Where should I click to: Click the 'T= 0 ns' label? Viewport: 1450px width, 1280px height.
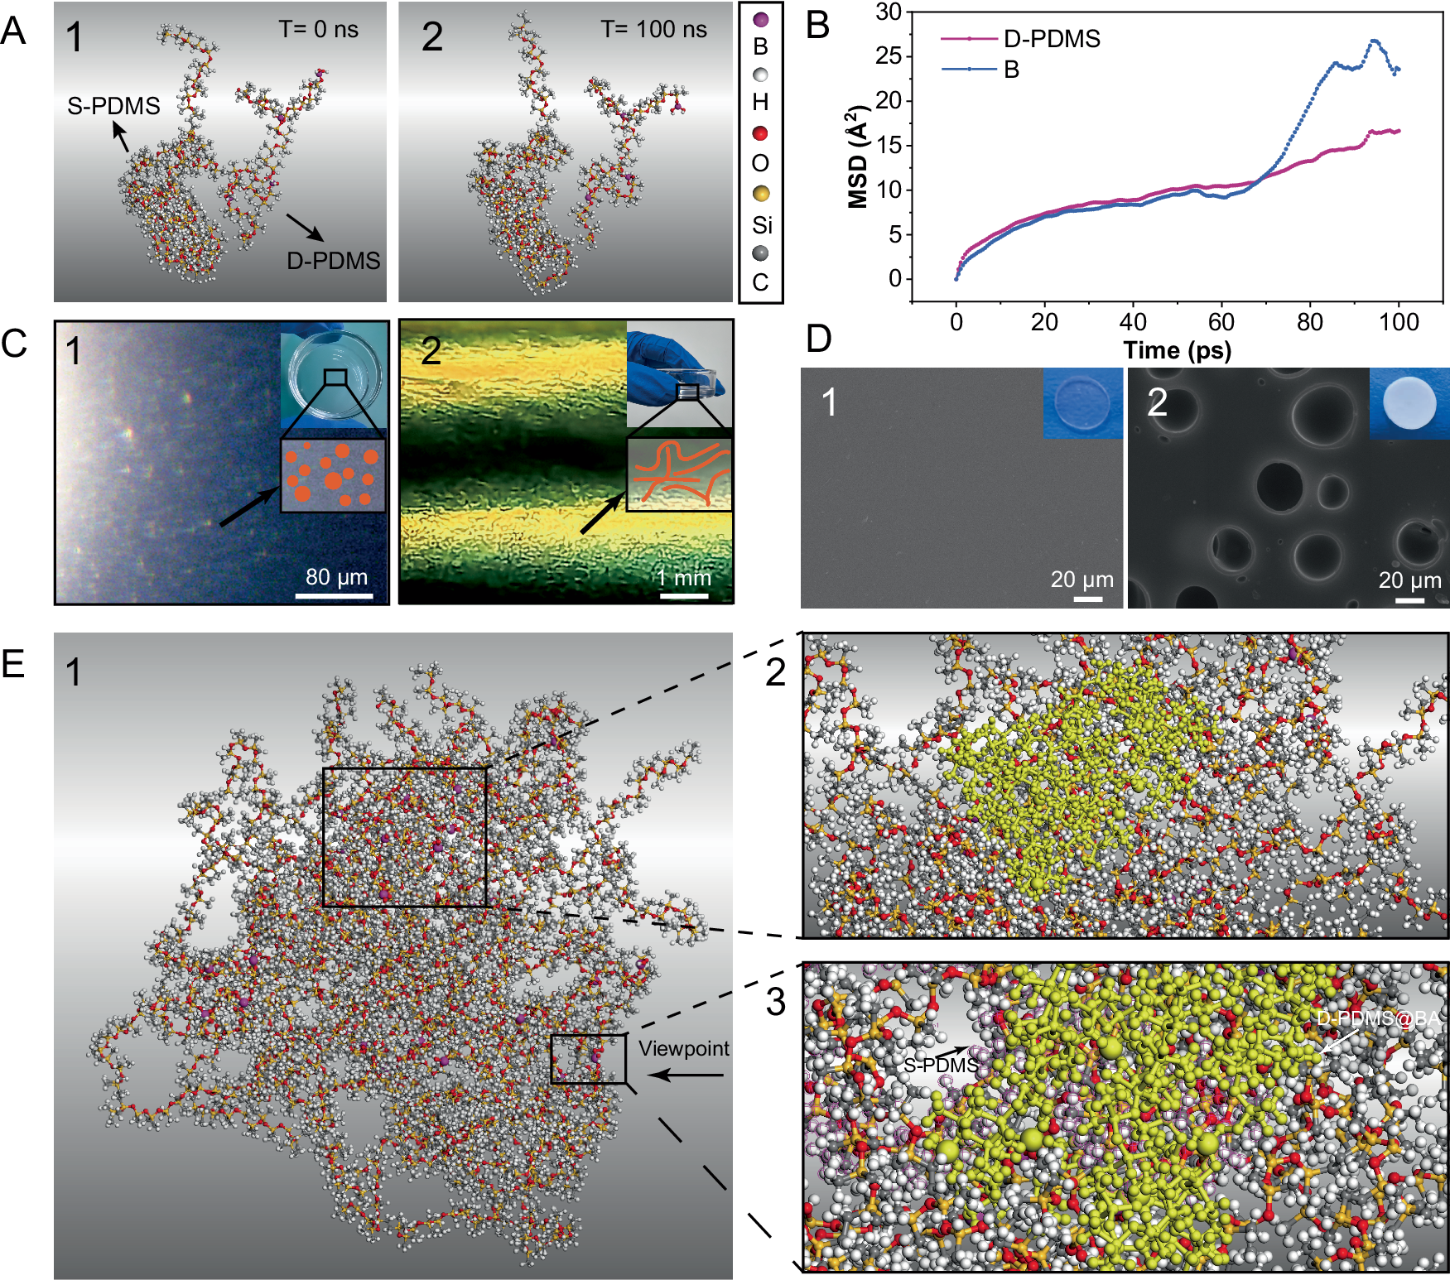(318, 30)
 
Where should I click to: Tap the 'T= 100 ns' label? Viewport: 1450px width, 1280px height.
(653, 30)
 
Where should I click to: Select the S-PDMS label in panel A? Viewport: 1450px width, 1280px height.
(113, 106)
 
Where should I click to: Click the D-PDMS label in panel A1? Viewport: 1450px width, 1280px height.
(333, 261)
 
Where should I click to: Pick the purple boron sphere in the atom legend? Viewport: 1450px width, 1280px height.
(760, 20)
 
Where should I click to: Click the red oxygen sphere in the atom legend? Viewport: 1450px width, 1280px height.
(760, 133)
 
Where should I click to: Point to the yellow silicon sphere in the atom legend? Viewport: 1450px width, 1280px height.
(760, 194)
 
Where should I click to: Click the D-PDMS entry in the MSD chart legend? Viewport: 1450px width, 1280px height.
(1051, 39)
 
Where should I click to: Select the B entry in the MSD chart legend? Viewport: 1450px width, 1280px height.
(1011, 70)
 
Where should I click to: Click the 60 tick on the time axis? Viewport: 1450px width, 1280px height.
(1221, 322)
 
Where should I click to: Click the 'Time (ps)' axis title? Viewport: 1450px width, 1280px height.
(1177, 350)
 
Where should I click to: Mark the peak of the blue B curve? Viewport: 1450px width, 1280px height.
(1375, 41)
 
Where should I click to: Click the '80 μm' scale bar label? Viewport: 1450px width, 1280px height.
(336, 576)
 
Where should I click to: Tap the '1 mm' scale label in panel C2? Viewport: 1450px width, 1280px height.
(684, 577)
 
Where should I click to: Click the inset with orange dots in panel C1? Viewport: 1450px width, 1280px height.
(333, 475)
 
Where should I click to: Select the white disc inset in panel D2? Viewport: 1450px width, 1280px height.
(1409, 403)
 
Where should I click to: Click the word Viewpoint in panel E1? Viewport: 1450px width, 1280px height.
(683, 1048)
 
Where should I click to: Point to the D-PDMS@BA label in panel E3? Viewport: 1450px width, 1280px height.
(1378, 1018)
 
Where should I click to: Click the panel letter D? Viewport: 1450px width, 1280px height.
(818, 338)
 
